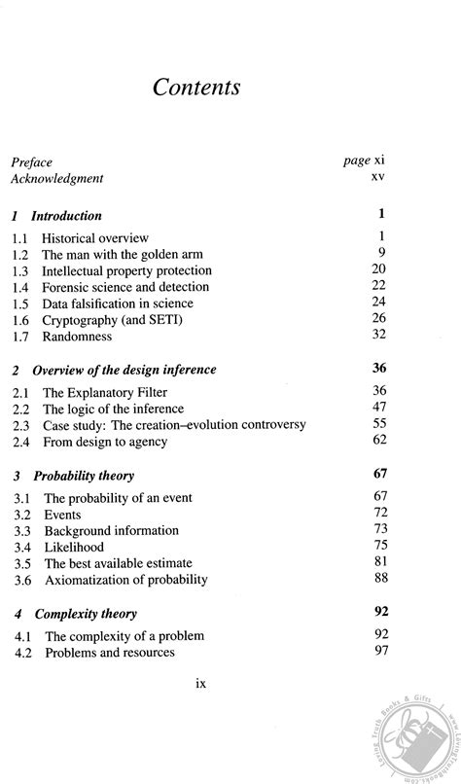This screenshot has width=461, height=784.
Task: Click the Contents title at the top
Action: [x=196, y=87]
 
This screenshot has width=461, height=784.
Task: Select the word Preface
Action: [x=31, y=162]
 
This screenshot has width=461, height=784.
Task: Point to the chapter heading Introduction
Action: [x=66, y=216]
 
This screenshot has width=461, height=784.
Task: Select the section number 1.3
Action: [x=19, y=270]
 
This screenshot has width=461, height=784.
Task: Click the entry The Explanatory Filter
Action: [x=103, y=392]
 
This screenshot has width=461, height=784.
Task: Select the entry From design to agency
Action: [x=105, y=442]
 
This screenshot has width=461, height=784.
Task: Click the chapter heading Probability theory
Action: [x=84, y=477]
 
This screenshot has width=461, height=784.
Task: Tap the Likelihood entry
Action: [x=74, y=547]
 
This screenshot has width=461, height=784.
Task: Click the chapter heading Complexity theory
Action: [x=86, y=614]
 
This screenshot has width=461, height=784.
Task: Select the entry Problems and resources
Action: [x=109, y=653]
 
